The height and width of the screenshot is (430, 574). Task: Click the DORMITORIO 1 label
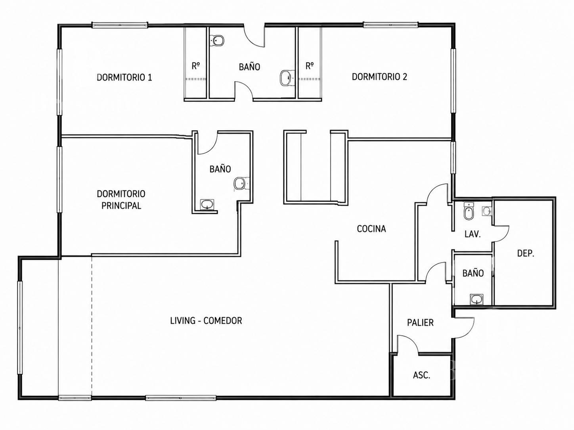pyautogui.click(x=124, y=78)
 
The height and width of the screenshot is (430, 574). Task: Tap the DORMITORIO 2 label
pyautogui.click(x=379, y=77)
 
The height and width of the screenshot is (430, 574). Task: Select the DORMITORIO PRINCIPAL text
pyautogui.click(x=121, y=200)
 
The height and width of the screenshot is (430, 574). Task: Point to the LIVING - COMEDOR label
pyautogui.click(x=206, y=321)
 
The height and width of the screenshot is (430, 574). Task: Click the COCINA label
pyautogui.click(x=371, y=229)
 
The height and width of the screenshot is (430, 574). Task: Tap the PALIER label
pyautogui.click(x=420, y=323)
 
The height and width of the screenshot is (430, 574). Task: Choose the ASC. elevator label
pyautogui.click(x=421, y=375)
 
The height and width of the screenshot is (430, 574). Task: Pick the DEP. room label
pyautogui.click(x=526, y=253)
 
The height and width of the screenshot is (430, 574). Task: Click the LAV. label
pyautogui.click(x=473, y=234)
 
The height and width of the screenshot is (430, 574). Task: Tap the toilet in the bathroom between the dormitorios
pyautogui.click(x=217, y=41)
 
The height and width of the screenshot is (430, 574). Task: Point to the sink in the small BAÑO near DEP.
pyautogui.click(x=476, y=299)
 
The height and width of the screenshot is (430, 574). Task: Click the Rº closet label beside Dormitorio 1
pyautogui.click(x=196, y=66)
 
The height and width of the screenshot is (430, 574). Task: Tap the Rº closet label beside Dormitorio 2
pyautogui.click(x=310, y=66)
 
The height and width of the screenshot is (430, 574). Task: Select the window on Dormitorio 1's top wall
pyautogui.click(x=120, y=25)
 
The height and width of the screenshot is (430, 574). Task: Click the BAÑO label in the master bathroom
pyautogui.click(x=220, y=169)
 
